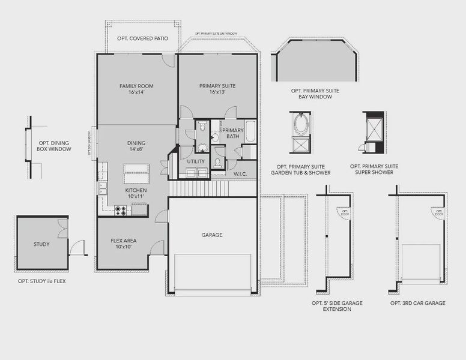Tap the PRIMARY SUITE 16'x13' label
tap(217, 89)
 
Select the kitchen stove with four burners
tap(121, 210)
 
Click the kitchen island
tap(136, 175)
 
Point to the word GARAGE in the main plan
tap(212, 235)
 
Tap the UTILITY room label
tap(196, 161)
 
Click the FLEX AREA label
tap(124, 244)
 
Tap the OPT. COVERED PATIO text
tap(143, 38)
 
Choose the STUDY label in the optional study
tap(41, 244)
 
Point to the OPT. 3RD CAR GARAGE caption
tap(417, 303)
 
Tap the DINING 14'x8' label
tap(136, 146)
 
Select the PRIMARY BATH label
tap(233, 133)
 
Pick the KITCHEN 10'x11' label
tap(136, 193)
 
